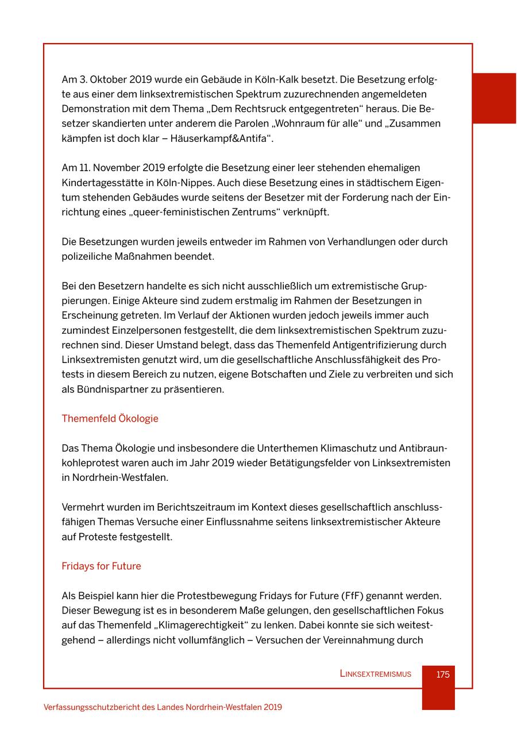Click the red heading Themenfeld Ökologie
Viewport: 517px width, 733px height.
[110, 419]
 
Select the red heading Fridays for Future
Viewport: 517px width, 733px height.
[101, 566]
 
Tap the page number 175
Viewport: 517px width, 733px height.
[442, 674]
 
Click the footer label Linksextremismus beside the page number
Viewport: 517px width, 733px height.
[375, 674]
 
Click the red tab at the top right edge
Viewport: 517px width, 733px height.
[494, 98]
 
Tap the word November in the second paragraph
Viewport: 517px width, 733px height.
[115, 168]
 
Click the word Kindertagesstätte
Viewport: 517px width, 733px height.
[102, 183]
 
